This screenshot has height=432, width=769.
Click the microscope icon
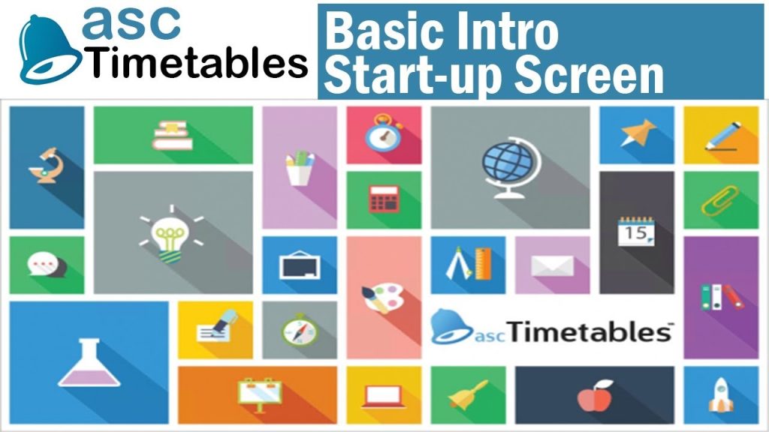point(44,165)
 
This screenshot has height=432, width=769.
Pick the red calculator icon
point(382,199)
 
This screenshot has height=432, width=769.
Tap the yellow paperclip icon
point(720,199)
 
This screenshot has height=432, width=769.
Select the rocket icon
point(719,396)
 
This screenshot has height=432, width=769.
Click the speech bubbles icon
point(45,265)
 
